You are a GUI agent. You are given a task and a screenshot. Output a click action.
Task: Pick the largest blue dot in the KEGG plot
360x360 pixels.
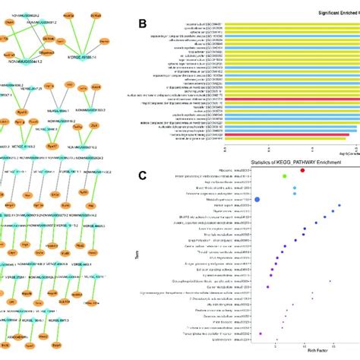pos(257,200)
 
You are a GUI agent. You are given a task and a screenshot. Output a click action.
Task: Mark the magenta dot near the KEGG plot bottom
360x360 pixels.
pos(261,332)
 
